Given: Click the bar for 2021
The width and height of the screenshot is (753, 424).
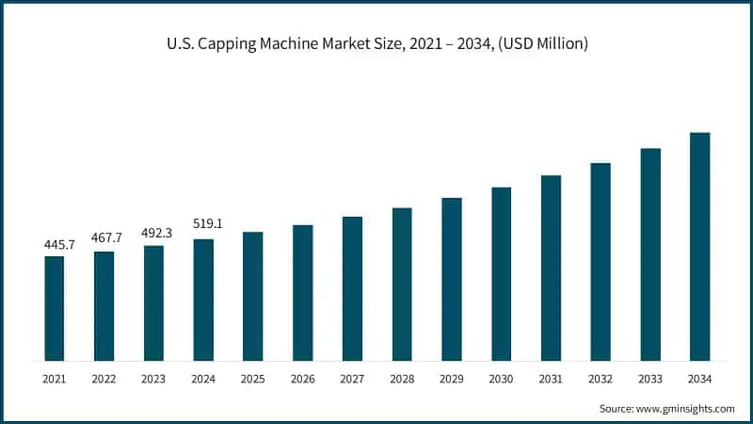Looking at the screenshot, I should coord(55,308).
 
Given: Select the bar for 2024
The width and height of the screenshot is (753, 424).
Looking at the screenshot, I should coord(203,300).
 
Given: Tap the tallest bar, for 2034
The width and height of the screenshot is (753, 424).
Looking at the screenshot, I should coord(699,247).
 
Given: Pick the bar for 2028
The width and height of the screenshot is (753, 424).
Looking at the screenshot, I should coord(402,285).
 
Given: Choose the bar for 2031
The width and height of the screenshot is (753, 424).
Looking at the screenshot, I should coord(551,268).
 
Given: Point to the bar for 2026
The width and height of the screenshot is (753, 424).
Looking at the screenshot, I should coord(302,292).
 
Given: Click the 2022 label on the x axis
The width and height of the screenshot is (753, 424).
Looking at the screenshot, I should coord(104,378).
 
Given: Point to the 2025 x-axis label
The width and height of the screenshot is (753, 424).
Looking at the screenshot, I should coord(252,378).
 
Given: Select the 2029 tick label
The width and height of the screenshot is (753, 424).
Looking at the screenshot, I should coord(452,378).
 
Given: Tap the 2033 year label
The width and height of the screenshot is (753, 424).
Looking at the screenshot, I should coord(650,378).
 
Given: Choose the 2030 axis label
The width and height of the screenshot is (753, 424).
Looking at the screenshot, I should coord(502,378).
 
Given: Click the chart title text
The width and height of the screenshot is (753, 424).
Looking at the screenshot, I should coord(376,44).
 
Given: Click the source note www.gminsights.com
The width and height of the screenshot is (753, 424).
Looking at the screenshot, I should coord(667,408).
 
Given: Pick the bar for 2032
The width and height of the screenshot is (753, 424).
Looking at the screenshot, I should coord(601,262).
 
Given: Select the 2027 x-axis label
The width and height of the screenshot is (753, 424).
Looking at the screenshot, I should coord(352,378).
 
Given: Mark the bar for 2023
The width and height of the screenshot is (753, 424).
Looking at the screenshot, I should coord(153,303).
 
